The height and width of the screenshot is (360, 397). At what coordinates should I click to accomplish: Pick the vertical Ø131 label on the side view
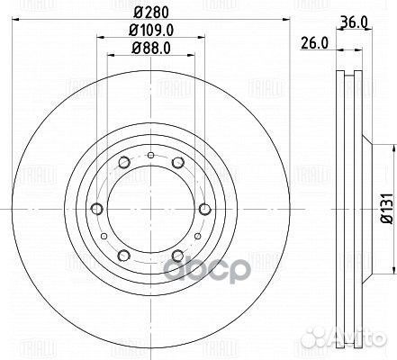tap(383, 211)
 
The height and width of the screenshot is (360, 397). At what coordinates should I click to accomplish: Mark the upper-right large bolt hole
tap(178, 162)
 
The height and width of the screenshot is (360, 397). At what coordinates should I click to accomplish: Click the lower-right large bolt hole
tap(178, 255)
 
